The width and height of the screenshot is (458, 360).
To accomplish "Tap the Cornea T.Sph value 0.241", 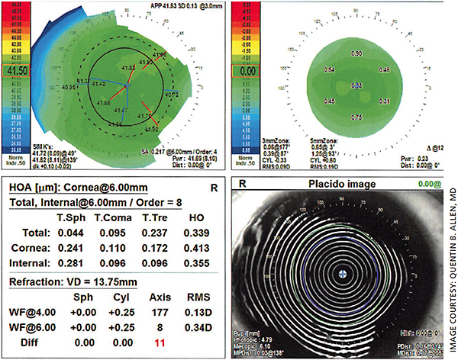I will point(70,249).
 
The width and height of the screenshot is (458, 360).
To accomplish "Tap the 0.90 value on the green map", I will point(356,55).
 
